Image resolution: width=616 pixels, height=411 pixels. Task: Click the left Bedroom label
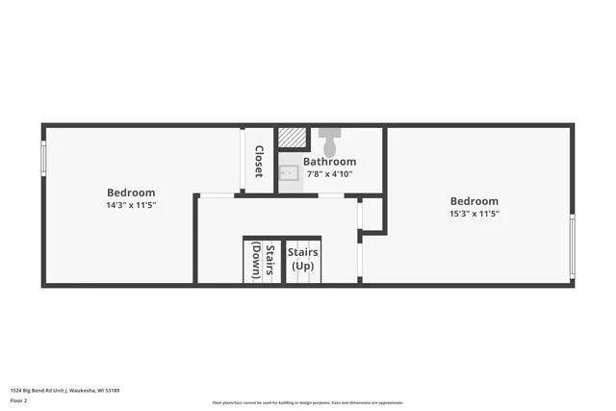pyautogui.click(x=131, y=193)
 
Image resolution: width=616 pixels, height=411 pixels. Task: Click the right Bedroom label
pyautogui.click(x=475, y=201)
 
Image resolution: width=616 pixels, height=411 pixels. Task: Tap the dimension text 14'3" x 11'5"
pyautogui.click(x=131, y=205)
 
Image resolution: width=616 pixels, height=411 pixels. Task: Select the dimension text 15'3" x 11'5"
pyautogui.click(x=475, y=214)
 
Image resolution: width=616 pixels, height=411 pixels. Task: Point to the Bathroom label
pyautogui.click(x=330, y=162)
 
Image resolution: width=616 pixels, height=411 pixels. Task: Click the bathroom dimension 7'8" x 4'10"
pyautogui.click(x=330, y=174)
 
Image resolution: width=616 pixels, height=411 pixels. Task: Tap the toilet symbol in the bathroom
pyautogui.click(x=329, y=141)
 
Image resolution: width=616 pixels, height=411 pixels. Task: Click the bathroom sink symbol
pyautogui.click(x=289, y=174)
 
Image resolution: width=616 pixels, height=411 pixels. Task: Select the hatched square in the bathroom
pyautogui.click(x=292, y=138)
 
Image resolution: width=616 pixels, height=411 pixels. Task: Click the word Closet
pyautogui.click(x=259, y=162)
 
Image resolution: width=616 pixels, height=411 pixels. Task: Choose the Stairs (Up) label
pyautogui.click(x=303, y=258)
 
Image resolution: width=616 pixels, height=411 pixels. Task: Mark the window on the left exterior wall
pyautogui.click(x=43, y=159)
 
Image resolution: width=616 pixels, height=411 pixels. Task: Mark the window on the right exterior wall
pyautogui.click(x=572, y=246)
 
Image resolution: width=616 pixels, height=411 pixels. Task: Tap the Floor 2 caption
pyautogui.click(x=18, y=400)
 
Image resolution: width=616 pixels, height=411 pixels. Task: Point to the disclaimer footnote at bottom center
pyautogui.click(x=308, y=402)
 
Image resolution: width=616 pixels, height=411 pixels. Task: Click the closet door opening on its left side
pyautogui.click(x=243, y=160)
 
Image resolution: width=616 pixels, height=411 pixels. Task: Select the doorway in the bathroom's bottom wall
pyautogui.click(x=331, y=195)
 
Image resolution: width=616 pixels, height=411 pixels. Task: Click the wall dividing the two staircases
pyautogui.click(x=284, y=261)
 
